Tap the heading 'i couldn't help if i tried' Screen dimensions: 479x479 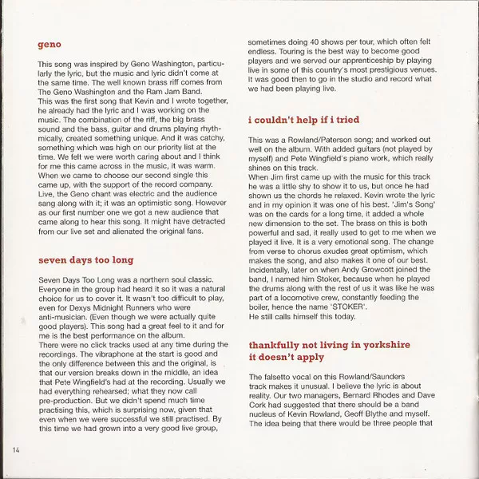point(304,120)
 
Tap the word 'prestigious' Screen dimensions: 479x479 point(388,71)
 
